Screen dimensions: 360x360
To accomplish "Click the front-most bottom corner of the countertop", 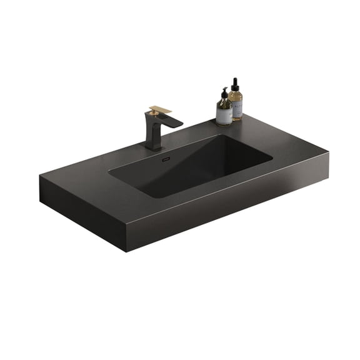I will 128,250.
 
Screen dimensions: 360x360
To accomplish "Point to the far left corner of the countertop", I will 41,177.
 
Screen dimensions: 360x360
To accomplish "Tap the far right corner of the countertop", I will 328,150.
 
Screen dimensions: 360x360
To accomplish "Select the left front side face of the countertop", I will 81,212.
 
